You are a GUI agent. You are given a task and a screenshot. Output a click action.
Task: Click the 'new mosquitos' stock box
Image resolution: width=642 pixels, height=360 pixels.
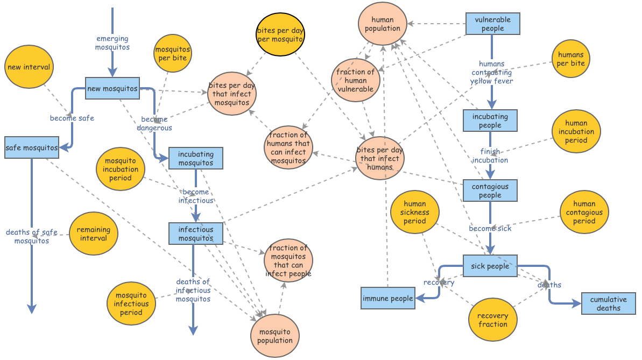point(112,88)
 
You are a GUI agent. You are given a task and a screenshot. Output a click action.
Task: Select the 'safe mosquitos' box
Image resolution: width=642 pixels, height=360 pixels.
point(31,147)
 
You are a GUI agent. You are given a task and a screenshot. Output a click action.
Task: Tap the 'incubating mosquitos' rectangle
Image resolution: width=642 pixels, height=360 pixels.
point(195,158)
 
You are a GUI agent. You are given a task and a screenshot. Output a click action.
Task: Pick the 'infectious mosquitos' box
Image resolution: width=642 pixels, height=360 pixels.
point(195,234)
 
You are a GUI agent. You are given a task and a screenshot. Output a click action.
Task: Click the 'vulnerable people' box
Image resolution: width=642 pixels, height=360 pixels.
point(492,24)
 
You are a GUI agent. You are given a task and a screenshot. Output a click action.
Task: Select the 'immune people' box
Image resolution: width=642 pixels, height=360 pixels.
point(387,298)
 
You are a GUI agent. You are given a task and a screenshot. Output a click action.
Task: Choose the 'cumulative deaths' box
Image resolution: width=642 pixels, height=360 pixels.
point(608,303)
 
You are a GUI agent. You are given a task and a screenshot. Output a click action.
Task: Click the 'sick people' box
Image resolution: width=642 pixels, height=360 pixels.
point(490,266)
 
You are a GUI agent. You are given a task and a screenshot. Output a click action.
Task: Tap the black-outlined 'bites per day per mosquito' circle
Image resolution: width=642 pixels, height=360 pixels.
point(280,34)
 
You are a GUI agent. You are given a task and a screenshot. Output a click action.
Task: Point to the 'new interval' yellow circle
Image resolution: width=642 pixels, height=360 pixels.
point(29,67)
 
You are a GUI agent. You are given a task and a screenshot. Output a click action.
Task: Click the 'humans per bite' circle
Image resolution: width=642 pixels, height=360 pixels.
point(570,59)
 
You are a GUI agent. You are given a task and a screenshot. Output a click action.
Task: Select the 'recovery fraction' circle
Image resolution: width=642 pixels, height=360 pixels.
point(492,320)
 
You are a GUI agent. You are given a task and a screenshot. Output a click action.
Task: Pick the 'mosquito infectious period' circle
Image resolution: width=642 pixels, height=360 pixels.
point(131,303)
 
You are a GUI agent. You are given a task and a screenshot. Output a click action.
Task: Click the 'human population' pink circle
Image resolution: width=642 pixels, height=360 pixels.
point(383,24)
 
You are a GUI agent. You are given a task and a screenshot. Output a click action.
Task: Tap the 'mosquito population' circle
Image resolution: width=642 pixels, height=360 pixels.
point(274,336)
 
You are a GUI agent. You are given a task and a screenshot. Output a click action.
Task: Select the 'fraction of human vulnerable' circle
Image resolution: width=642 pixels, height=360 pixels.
point(355,80)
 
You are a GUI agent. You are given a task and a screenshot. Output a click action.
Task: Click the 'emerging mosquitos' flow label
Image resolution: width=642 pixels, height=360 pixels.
point(112,43)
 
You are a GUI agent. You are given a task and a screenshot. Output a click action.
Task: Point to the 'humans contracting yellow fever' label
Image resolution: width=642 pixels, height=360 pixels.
point(491,73)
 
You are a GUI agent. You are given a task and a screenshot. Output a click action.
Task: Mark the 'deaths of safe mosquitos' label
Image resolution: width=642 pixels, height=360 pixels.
point(31,236)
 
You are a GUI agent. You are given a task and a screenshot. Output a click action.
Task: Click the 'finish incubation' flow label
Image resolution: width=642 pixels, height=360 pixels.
point(490,156)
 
